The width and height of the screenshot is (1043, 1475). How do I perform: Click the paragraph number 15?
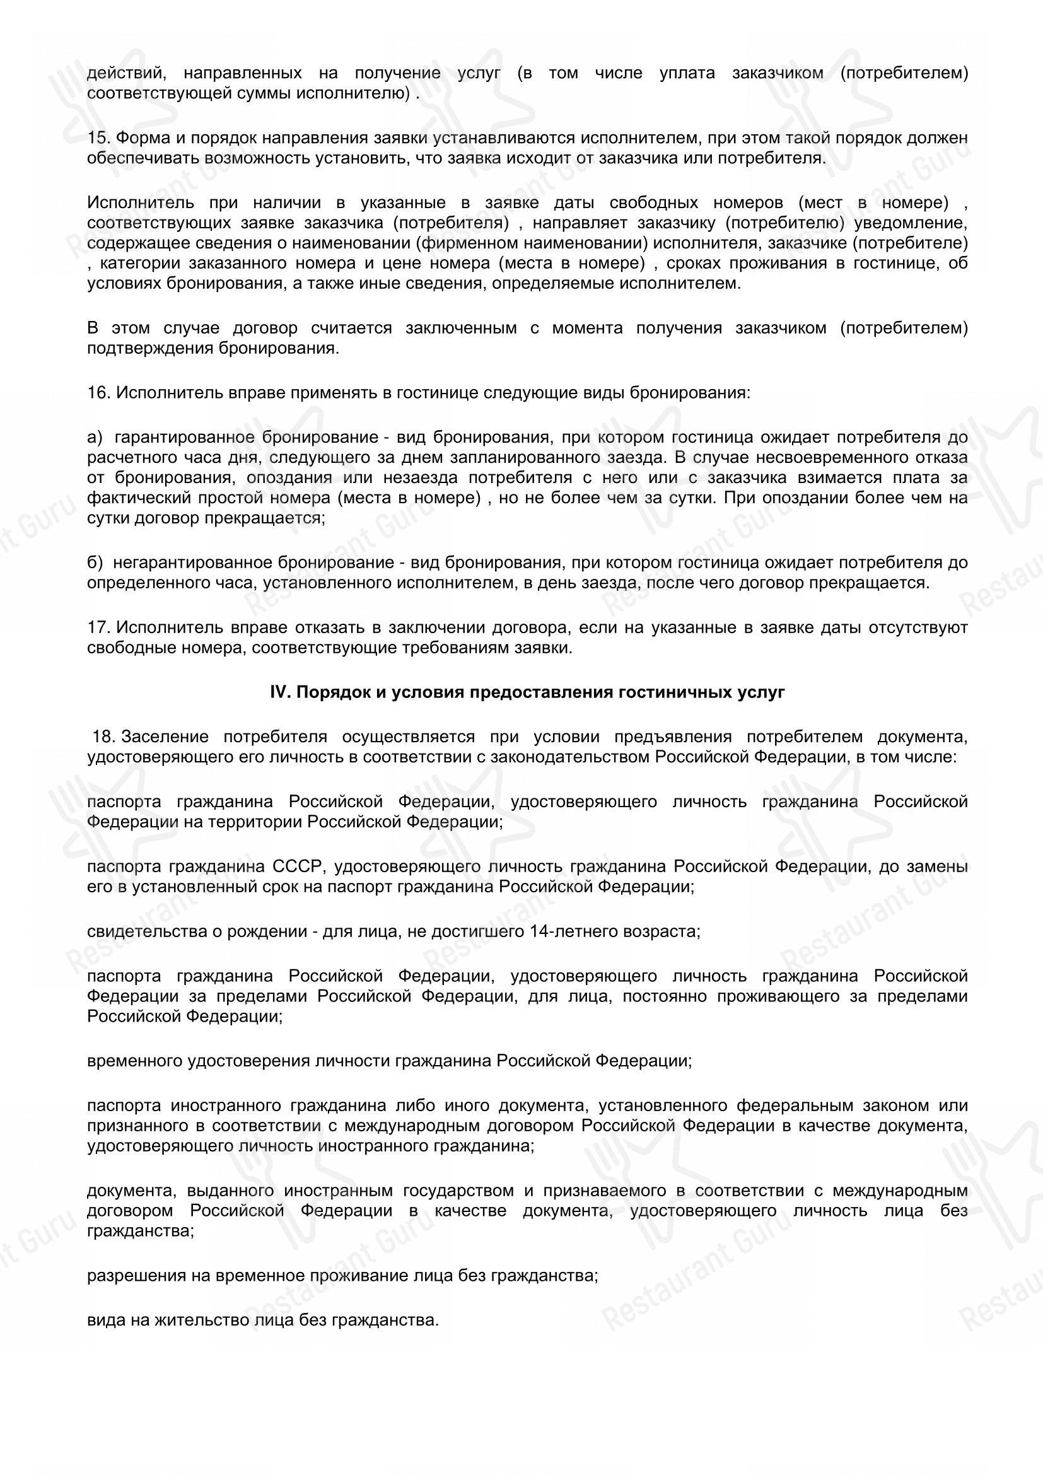click(96, 138)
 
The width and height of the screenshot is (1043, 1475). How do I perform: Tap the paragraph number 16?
click(96, 392)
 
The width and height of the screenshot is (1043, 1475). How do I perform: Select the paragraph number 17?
click(96, 627)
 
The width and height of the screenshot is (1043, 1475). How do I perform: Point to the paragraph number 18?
click(103, 736)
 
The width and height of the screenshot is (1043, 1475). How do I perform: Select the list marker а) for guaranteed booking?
click(95, 438)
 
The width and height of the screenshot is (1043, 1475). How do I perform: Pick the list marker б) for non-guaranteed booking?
click(95, 563)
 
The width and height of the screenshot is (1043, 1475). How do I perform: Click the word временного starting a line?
click(134, 1061)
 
